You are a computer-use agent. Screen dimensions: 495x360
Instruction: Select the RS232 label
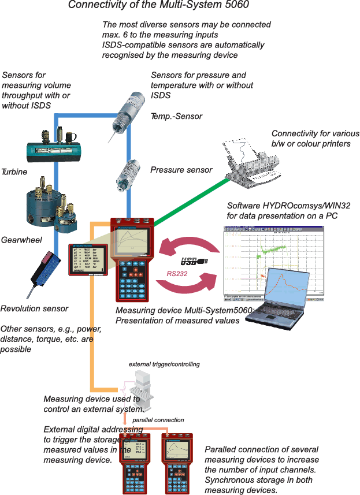[177, 274]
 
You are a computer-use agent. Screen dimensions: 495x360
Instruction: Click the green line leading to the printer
[191, 202]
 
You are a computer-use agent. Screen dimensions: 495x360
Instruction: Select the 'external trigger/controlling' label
[164, 364]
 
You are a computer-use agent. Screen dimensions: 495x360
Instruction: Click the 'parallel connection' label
[158, 420]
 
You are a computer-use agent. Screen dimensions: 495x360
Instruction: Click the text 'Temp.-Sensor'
[176, 116]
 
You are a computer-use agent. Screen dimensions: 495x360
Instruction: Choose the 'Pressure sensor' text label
[181, 170]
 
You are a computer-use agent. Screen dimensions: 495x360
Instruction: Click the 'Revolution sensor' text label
[34, 308]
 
